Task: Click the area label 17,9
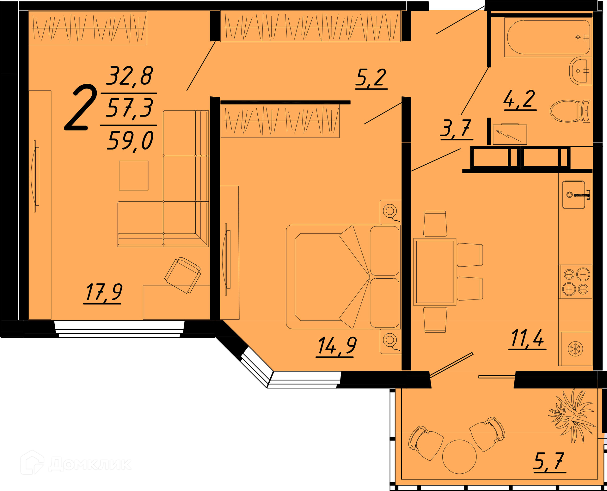(103, 292)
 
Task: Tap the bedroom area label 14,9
(337, 346)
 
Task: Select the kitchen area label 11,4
(527, 338)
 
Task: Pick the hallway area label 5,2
(371, 78)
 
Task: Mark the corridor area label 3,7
(456, 129)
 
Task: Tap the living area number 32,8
(130, 76)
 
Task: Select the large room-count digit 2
(81, 107)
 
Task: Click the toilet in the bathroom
(570, 111)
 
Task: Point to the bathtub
(548, 38)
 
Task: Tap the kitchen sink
(574, 195)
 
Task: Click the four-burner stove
(575, 282)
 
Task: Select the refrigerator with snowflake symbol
(575, 349)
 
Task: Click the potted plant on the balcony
(572, 415)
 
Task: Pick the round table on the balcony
(459, 457)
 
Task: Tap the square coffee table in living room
(133, 176)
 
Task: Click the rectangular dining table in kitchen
(435, 272)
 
